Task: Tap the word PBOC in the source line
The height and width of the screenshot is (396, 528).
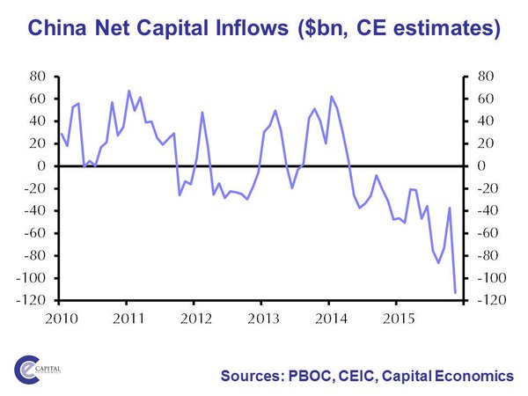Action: (x=310, y=376)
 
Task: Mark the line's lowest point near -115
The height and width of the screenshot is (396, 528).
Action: (x=455, y=292)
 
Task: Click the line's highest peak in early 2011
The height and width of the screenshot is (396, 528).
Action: (x=128, y=91)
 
